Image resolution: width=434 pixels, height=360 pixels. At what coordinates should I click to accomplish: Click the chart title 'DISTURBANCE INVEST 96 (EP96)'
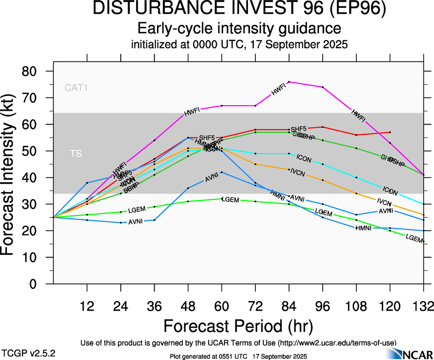point(239,9)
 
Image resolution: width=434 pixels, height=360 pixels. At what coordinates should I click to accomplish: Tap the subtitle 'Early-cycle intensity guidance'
point(239,29)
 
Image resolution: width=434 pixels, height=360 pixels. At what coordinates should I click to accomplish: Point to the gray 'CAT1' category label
point(76,87)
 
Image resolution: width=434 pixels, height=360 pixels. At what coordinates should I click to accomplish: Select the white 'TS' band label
point(76,154)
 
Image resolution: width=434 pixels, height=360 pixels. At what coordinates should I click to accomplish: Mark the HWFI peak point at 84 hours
point(289,82)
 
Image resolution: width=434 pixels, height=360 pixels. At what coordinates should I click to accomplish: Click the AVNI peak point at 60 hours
point(222,172)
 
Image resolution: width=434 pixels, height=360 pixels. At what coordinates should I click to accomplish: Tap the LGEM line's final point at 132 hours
point(424,241)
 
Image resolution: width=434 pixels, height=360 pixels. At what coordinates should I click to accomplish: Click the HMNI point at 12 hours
point(87,183)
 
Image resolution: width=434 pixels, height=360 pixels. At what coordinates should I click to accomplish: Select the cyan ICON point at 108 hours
point(356,177)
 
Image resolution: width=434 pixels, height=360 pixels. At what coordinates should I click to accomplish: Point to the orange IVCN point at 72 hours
point(255,164)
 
